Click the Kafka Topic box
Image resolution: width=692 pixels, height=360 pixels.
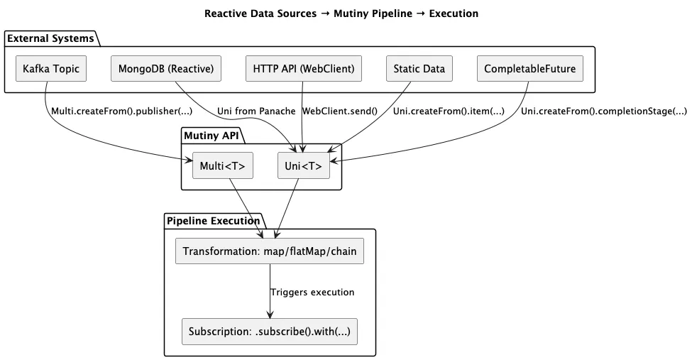(x=51, y=69)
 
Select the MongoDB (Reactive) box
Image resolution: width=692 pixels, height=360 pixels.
(x=166, y=69)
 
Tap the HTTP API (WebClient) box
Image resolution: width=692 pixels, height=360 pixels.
(x=303, y=69)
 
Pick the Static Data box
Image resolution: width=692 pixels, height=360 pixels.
(x=419, y=69)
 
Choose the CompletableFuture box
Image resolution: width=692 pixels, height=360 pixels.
(x=529, y=69)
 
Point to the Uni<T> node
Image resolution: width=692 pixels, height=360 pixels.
(x=303, y=167)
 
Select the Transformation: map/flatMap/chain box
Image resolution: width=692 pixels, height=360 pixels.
(x=269, y=252)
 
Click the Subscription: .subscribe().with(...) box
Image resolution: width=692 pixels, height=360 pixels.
(x=269, y=332)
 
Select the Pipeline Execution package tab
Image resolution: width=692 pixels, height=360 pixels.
(x=213, y=221)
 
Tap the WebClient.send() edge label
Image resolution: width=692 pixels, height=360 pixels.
(x=340, y=111)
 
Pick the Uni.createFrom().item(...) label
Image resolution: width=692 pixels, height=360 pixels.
(x=449, y=111)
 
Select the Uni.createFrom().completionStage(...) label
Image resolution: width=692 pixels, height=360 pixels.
(x=603, y=111)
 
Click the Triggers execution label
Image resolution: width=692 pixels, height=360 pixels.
(x=312, y=292)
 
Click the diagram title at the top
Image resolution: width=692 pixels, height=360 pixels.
(x=341, y=13)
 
